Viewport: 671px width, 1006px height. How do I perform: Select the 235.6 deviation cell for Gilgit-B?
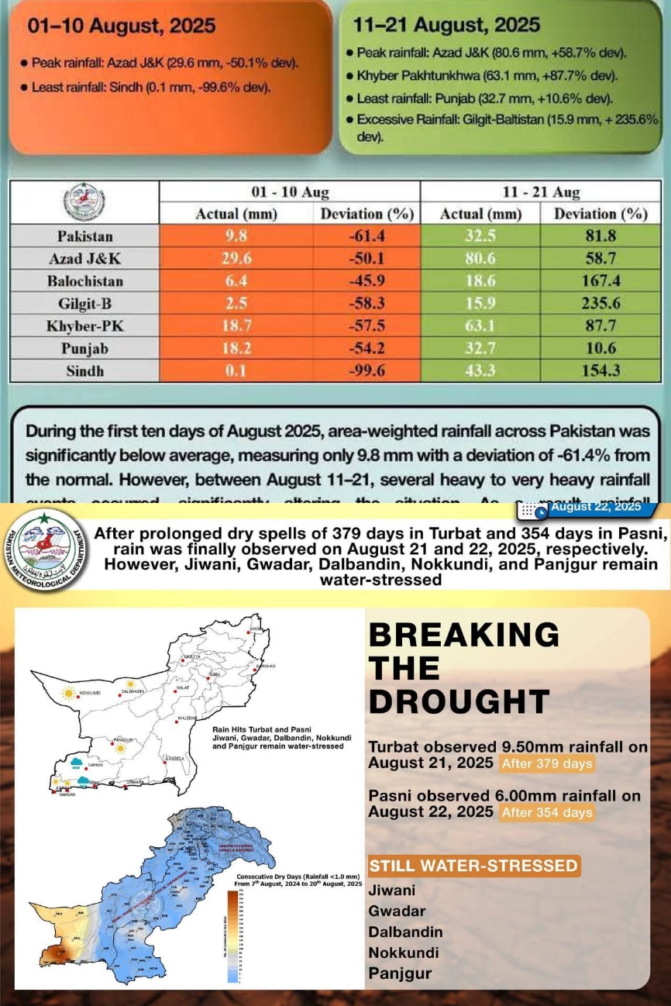(600, 303)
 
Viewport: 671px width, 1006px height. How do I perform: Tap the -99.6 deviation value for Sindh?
(367, 370)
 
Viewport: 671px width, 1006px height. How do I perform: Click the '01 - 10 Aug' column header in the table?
(289, 191)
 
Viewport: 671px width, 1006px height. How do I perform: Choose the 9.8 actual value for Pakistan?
(236, 236)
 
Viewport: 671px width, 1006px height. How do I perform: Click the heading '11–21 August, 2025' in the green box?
(446, 25)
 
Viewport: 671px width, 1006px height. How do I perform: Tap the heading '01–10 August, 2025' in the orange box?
(121, 26)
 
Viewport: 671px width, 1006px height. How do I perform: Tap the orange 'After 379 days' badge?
(547, 763)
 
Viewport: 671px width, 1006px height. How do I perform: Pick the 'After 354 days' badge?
(547, 812)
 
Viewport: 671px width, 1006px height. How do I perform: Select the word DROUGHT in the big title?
(459, 701)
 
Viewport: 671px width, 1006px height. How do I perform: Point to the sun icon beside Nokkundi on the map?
(68, 691)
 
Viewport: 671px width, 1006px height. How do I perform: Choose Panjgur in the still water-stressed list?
(400, 973)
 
